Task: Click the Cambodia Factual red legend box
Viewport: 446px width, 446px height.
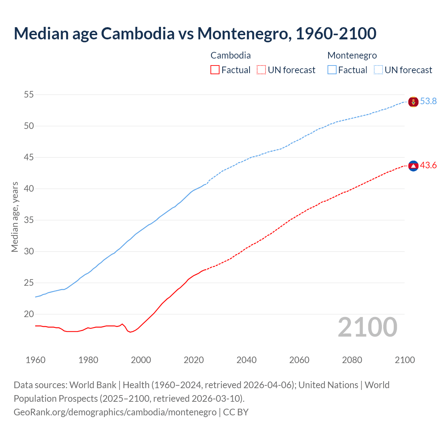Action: click(x=215, y=70)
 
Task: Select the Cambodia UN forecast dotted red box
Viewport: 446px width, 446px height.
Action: click(x=261, y=70)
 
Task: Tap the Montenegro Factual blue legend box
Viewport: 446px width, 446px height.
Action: click(x=332, y=70)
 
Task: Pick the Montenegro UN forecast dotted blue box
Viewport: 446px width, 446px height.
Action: click(x=378, y=70)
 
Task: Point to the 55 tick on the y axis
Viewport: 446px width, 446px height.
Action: click(x=29, y=94)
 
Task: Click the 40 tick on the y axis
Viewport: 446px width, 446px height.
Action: click(x=29, y=189)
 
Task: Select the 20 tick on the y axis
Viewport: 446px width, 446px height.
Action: click(x=29, y=314)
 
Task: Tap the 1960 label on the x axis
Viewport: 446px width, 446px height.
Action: click(x=36, y=360)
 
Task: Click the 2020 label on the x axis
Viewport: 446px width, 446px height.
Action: click(x=194, y=360)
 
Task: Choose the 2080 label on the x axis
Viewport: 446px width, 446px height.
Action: click(x=352, y=360)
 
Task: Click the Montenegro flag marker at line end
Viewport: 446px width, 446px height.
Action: click(x=413, y=102)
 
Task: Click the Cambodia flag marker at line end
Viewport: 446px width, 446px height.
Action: click(x=413, y=166)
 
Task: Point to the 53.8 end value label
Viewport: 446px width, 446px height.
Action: click(x=428, y=101)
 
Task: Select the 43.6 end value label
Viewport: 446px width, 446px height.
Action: click(x=428, y=166)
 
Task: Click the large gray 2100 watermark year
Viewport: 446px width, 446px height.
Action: click(x=367, y=327)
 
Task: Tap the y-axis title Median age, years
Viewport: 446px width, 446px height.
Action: click(x=15, y=217)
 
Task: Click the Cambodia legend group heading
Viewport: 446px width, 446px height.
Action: click(x=231, y=55)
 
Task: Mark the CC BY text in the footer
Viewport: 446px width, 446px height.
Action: click(x=236, y=412)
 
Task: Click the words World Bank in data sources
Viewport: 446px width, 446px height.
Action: click(x=93, y=385)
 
